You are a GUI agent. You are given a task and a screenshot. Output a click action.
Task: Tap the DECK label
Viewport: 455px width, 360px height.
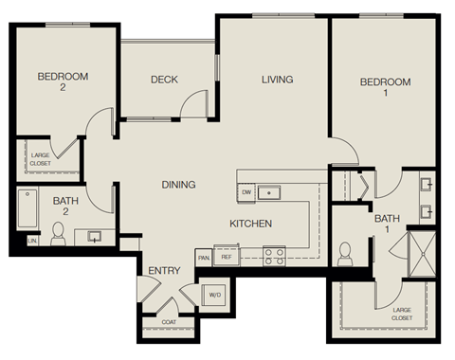point(165,80)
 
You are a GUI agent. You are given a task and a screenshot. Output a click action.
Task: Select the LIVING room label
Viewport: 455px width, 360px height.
point(277,80)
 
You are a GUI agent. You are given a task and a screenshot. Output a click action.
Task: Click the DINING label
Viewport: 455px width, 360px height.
point(178,185)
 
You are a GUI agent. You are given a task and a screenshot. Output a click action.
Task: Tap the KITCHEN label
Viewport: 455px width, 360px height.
point(251,224)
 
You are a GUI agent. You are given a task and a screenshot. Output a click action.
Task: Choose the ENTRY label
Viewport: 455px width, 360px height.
point(164,271)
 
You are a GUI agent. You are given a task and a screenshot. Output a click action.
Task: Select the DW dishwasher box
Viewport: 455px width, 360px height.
point(246,192)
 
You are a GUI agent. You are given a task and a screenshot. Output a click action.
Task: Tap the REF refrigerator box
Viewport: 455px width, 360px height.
point(227,257)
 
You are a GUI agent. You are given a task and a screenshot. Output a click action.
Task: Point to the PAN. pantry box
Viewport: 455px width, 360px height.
point(203,257)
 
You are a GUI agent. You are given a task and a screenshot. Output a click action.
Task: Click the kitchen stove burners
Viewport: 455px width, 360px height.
point(274,255)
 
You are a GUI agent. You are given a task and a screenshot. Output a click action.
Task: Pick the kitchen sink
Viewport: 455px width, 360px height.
point(273,192)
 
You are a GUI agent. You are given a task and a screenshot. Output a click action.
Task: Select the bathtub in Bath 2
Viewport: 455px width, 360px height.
point(26,207)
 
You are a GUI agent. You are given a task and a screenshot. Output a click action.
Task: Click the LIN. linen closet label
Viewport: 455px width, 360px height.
point(33,241)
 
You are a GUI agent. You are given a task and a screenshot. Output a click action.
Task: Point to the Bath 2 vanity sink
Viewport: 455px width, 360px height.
point(95,235)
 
